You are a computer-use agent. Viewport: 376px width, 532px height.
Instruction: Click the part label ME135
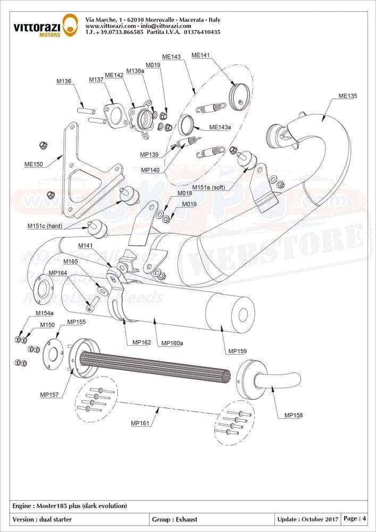coord(348,96)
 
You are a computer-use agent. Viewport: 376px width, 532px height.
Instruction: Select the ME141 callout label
coord(200,55)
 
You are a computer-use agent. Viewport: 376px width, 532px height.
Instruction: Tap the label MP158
coord(294,415)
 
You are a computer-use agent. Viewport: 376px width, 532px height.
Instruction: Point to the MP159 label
coord(237,351)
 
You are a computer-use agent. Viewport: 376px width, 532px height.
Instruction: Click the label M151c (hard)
coord(45,226)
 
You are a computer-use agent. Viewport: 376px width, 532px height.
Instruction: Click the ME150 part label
coord(33,165)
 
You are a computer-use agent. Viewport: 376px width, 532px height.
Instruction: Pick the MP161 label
coord(140,423)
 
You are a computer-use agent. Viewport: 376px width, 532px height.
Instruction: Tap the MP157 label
coord(49,395)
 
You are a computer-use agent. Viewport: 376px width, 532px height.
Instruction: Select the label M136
coord(64,81)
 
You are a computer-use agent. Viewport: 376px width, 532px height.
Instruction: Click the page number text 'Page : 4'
coord(355,518)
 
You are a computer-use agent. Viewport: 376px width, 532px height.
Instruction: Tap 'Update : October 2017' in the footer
coord(307,519)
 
